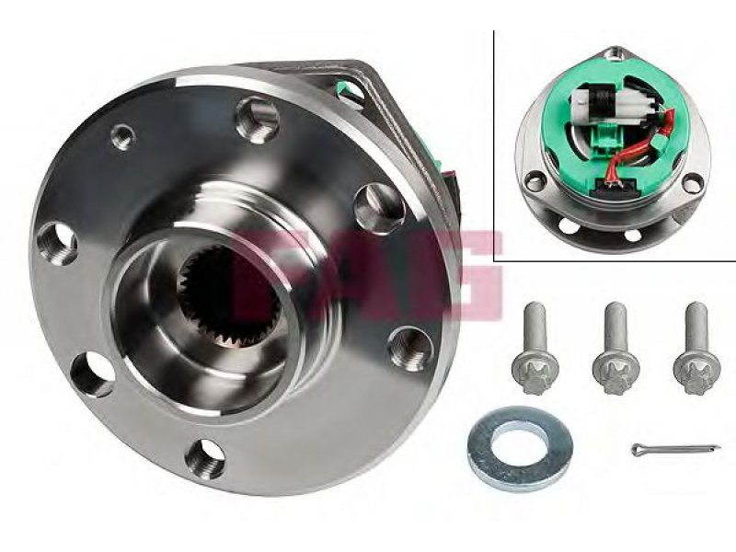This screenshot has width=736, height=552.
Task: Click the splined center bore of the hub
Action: click(x=229, y=296)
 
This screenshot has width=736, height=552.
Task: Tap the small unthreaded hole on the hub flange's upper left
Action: click(x=122, y=136)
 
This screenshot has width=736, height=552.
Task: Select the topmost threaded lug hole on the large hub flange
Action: click(x=258, y=119)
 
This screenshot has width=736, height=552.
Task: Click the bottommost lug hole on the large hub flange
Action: click(x=205, y=458)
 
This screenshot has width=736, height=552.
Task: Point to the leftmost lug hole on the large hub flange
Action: click(x=57, y=244)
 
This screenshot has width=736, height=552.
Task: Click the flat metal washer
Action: click(x=520, y=442)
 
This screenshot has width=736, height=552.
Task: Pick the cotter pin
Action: click(x=675, y=449)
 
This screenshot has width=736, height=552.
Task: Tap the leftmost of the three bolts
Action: click(x=535, y=348)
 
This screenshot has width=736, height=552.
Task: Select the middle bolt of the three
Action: click(x=615, y=348)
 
